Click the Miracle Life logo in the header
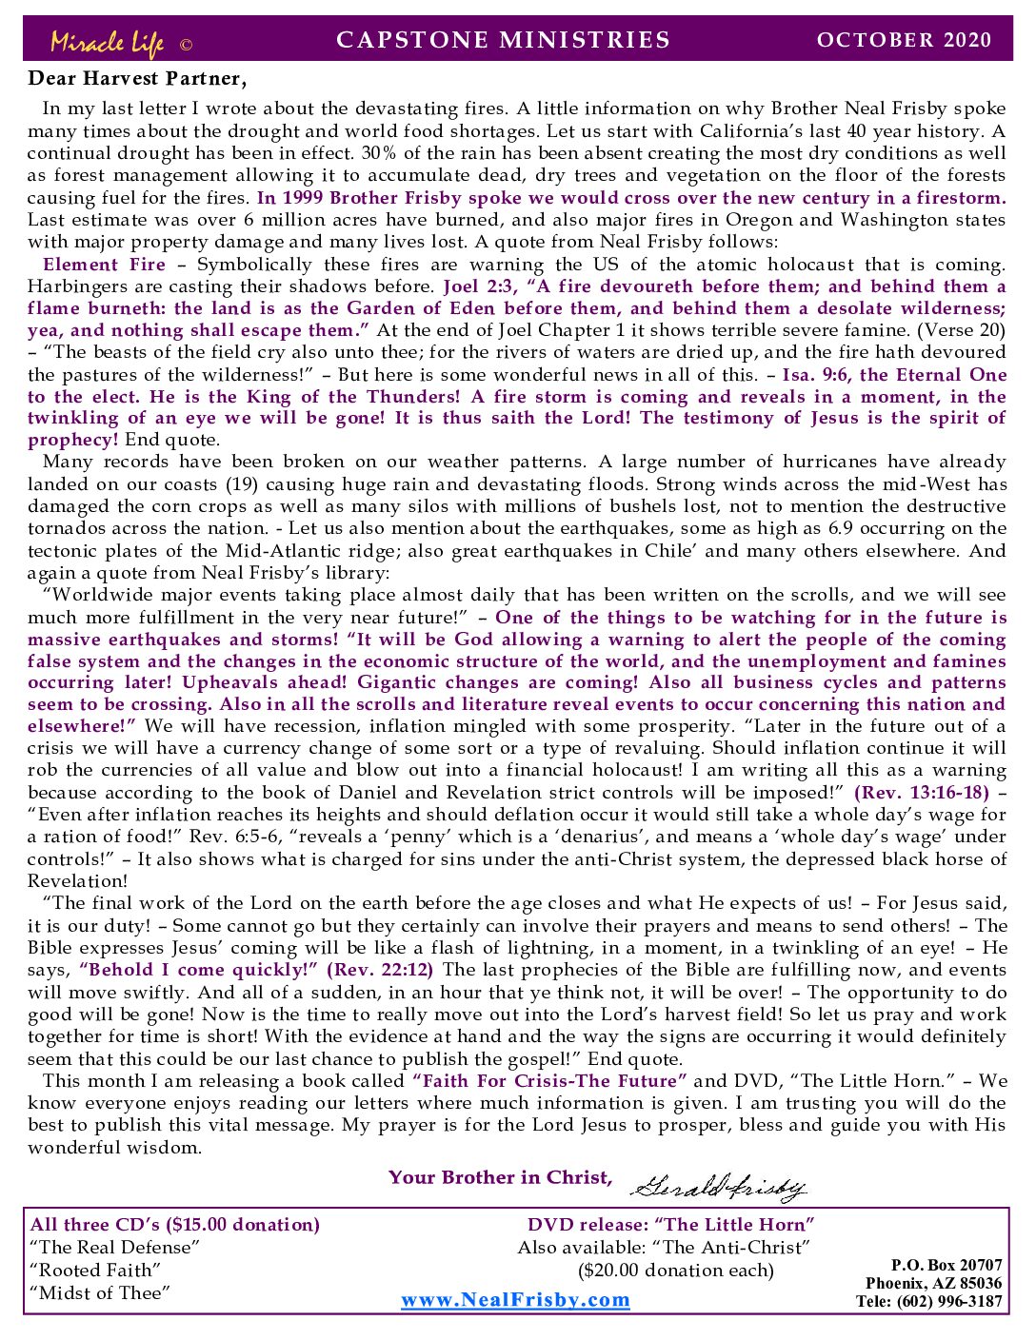point(107,42)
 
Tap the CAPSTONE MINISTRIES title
point(504,40)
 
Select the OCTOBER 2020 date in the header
point(904,40)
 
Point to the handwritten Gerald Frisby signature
point(719,1185)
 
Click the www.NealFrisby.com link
point(515,1300)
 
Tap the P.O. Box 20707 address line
point(946,1265)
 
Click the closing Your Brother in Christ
point(500,1177)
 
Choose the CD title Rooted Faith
point(95,1271)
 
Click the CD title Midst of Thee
point(100,1292)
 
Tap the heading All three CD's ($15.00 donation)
point(175,1225)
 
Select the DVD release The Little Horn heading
point(671,1225)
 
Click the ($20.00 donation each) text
point(676,1271)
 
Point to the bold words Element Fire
point(104,265)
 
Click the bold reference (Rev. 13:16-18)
point(921,793)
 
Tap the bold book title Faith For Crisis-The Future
point(549,1081)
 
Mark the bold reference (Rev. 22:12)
point(380,970)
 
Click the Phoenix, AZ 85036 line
point(933,1283)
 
